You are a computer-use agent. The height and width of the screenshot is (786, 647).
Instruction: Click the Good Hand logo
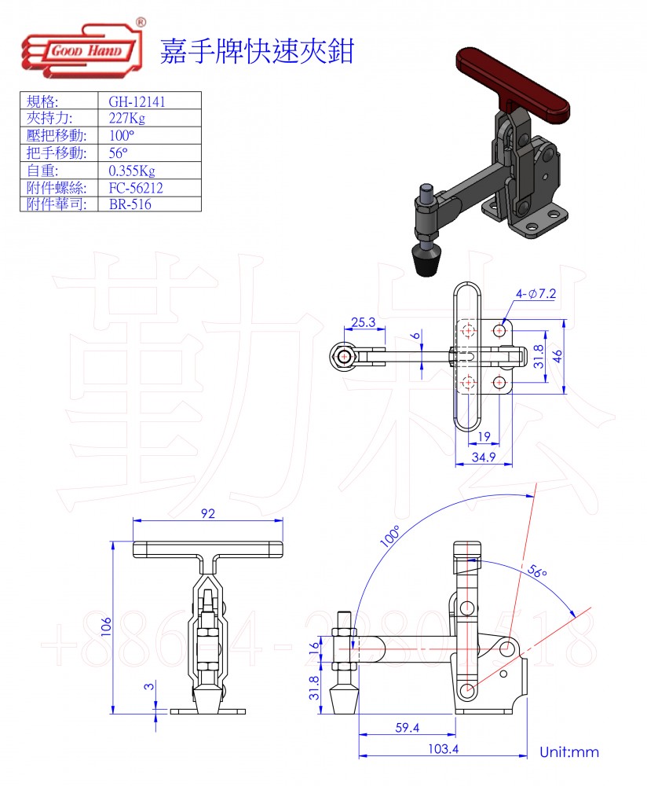click(83, 49)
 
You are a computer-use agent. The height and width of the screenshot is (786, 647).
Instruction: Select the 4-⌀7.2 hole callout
click(536, 294)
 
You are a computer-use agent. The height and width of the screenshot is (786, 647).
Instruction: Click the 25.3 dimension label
click(364, 321)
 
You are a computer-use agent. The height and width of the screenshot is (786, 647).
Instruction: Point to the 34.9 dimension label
click(484, 457)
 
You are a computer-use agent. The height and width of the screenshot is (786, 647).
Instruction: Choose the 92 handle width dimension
click(208, 513)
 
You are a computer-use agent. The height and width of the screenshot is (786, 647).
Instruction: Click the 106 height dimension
click(106, 626)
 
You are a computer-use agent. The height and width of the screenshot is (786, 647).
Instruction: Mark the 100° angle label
click(390, 536)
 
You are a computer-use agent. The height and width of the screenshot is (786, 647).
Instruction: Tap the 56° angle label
click(537, 571)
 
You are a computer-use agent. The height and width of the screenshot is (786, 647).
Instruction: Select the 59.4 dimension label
click(408, 727)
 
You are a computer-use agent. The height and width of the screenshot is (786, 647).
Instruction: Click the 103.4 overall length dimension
click(443, 749)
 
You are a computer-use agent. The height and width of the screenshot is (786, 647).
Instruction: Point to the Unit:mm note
click(569, 752)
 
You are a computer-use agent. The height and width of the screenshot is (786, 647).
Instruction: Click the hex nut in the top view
click(344, 356)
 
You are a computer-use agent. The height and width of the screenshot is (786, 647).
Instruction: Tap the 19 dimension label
click(484, 436)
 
